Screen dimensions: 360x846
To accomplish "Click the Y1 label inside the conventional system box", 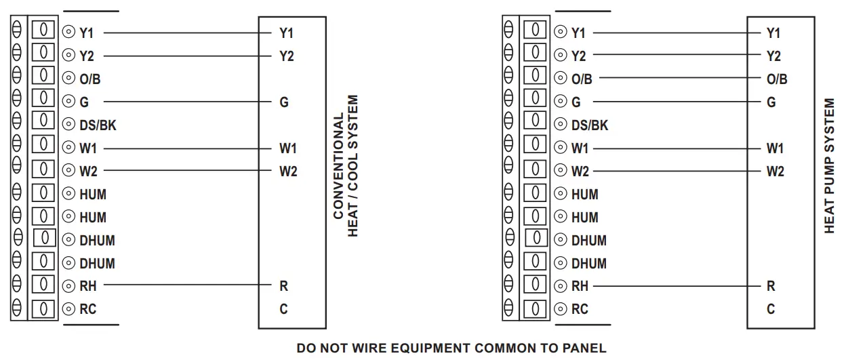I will (286, 33).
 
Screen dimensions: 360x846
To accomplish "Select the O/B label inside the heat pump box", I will (777, 79).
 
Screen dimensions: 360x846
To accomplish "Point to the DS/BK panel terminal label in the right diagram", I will (589, 125).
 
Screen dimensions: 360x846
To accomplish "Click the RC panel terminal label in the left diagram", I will (88, 309).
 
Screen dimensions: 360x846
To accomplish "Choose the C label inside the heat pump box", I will (771, 309).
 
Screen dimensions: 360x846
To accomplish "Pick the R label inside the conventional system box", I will (283, 286).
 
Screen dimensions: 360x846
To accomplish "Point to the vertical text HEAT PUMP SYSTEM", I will (830, 167).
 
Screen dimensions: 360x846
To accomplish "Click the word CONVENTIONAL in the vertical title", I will (339, 167).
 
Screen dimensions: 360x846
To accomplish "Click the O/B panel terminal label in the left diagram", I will (90, 79).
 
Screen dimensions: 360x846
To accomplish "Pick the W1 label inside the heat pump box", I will (774, 148).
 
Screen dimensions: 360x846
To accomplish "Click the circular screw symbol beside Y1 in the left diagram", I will (68, 33).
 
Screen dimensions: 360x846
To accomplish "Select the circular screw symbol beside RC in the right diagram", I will (561, 309).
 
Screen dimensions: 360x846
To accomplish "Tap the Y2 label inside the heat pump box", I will (773, 56).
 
